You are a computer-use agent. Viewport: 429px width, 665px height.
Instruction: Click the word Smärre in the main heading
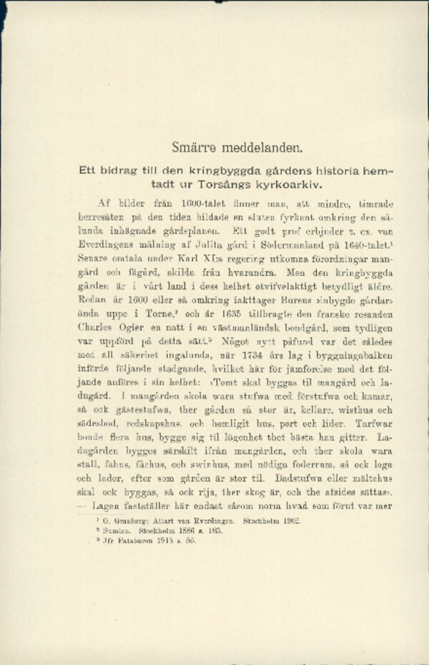pyautogui.click(x=195, y=148)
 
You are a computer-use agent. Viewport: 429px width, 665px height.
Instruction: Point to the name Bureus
pyautogui.click(x=277, y=302)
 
